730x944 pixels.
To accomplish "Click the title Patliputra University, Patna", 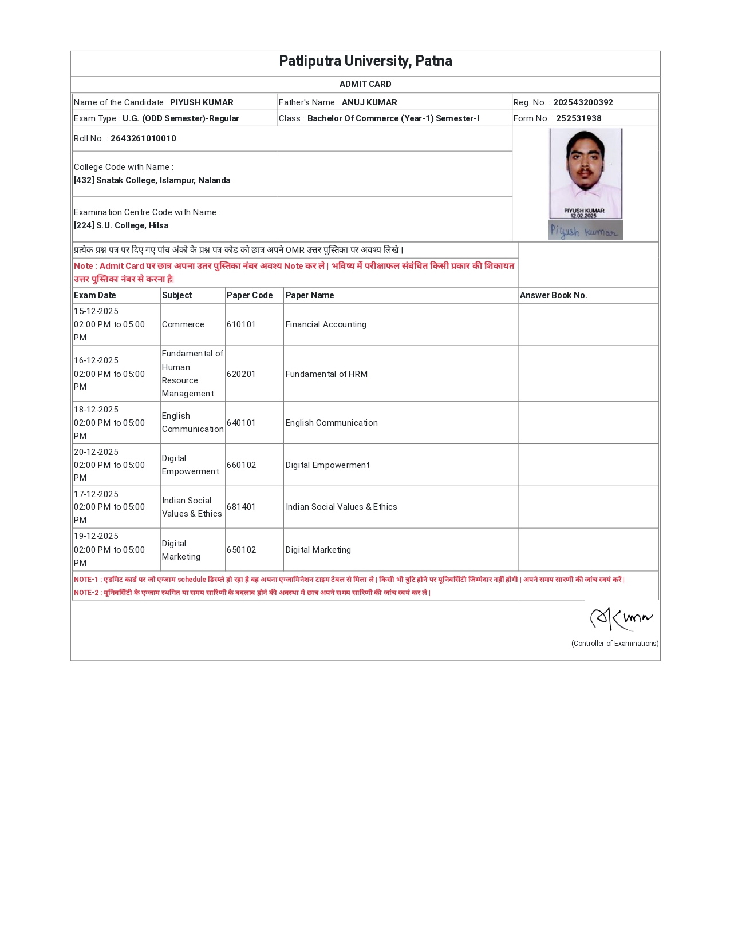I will click(x=365, y=61).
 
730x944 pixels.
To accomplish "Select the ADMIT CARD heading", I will click(x=365, y=84).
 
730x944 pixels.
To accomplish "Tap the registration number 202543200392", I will click(x=583, y=102).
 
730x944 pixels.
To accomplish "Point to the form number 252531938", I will click(x=578, y=118).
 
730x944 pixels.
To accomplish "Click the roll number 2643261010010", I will click(x=143, y=138).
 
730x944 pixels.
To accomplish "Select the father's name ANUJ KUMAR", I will click(x=369, y=102).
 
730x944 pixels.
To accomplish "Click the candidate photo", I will click(x=585, y=173).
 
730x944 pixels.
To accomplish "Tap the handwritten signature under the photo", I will click(x=585, y=231).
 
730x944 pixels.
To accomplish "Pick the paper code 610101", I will click(x=241, y=324).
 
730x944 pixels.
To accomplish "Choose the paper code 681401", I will click(x=241, y=507).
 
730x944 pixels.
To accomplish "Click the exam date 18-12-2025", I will click(x=96, y=410).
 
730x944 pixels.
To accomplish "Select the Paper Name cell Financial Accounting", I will click(x=326, y=324).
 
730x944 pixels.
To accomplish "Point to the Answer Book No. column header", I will click(x=553, y=295).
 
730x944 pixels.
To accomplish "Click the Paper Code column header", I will click(x=250, y=295).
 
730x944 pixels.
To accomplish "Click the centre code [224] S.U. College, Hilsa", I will click(x=121, y=225).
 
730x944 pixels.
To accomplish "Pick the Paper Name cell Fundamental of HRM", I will click(x=326, y=374).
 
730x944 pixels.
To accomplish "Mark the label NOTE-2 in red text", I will click(x=86, y=593).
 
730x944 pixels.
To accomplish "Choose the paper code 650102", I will click(x=241, y=550).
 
